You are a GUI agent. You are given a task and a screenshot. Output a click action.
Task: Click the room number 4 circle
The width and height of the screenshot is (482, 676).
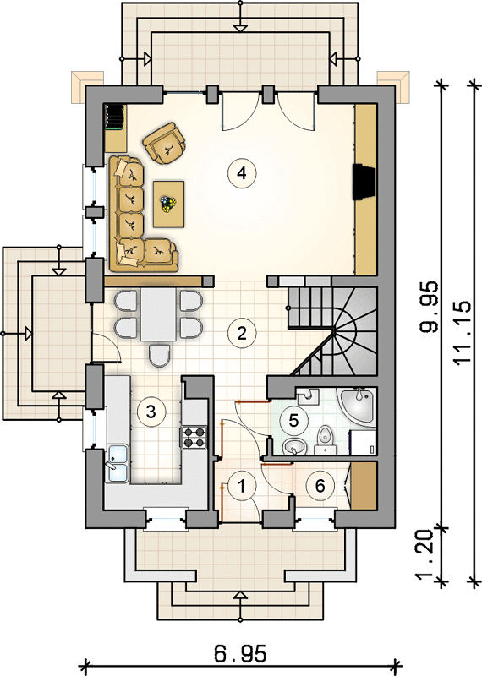pos(242,173)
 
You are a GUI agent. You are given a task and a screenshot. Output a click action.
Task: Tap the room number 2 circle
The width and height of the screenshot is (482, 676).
pos(242,333)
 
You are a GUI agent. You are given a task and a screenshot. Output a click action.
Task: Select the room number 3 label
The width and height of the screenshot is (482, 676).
pos(151,412)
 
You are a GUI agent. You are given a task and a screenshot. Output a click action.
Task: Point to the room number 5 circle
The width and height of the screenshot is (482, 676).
pos(294,420)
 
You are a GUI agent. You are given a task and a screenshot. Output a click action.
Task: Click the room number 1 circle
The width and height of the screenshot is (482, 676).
pos(242,486)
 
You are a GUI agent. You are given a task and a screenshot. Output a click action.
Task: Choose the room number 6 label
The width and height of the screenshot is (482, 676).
pos(320,486)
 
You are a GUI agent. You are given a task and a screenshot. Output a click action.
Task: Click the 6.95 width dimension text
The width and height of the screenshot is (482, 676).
pos(240,653)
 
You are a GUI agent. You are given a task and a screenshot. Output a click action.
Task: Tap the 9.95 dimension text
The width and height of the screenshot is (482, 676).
pos(430,307)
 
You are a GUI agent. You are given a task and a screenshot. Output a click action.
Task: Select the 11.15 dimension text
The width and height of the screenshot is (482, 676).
pos(463,332)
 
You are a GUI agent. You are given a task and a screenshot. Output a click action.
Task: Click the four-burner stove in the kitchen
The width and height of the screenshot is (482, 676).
pos(193,437)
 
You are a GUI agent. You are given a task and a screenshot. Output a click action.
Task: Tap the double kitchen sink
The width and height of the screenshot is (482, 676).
pos(118,463)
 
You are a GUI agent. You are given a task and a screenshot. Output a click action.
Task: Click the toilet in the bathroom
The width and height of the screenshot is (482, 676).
pos(325,439)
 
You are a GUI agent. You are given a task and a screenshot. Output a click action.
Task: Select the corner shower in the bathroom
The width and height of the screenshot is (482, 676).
pos(359,406)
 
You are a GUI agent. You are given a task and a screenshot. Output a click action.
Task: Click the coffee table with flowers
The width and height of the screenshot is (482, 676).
pos(169,204)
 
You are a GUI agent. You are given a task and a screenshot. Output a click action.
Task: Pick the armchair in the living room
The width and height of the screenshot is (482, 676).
pos(164,144)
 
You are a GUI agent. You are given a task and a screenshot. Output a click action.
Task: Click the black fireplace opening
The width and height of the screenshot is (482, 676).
pos(364,182)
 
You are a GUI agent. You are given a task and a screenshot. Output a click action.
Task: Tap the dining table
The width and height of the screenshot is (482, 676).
pos(158,314)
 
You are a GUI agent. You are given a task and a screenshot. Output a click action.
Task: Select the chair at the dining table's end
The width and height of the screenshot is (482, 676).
pos(159,356)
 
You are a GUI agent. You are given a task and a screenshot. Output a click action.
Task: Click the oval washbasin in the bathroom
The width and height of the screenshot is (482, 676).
pos(294,447)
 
